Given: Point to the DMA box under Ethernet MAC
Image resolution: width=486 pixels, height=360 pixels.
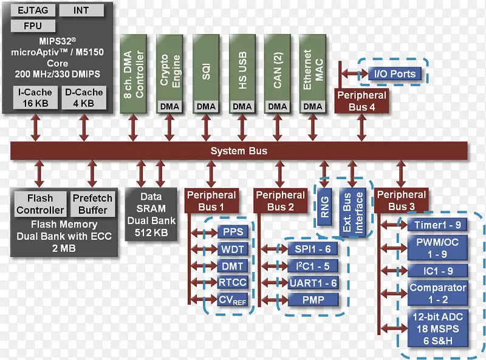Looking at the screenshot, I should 313,106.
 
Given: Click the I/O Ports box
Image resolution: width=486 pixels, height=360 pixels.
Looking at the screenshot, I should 394,74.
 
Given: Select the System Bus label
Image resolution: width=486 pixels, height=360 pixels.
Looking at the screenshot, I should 239,151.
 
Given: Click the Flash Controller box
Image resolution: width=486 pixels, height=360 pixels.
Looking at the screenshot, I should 40,204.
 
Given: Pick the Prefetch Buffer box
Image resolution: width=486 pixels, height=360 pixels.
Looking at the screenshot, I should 92,204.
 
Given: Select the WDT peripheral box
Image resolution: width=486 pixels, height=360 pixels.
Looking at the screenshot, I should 232,250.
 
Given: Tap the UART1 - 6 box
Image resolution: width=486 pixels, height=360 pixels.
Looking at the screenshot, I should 312,283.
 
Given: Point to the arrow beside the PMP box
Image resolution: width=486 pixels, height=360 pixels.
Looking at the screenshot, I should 273,300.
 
